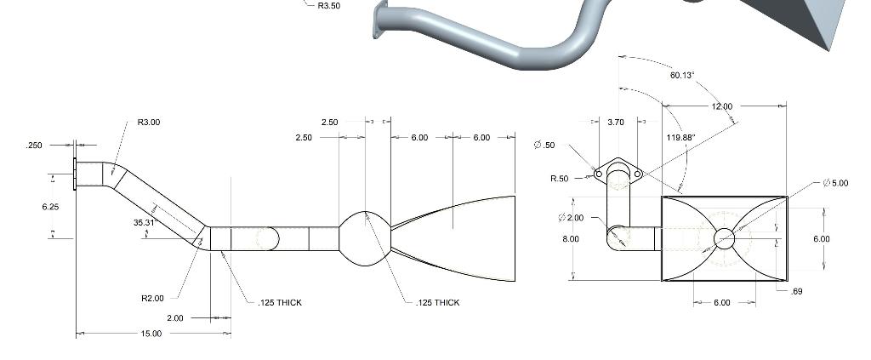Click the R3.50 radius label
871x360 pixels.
point(328,5)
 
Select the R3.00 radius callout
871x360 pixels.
point(148,123)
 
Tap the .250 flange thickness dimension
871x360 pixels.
point(34,146)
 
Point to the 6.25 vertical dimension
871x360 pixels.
point(50,207)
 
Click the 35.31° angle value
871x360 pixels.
point(145,223)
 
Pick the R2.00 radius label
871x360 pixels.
point(152,299)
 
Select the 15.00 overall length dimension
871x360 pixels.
point(151,334)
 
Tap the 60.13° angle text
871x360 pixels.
point(681,75)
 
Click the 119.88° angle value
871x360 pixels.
point(681,137)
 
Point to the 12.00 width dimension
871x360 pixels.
point(721,106)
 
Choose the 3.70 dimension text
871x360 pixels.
point(616,123)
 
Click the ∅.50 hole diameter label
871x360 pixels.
point(544,146)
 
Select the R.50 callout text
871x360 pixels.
point(559,179)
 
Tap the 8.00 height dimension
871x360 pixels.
point(570,239)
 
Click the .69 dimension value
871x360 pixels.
point(796,292)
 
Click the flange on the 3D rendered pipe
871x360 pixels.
point(379,20)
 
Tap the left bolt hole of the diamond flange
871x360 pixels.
point(599,174)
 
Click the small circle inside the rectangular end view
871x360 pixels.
point(724,238)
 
